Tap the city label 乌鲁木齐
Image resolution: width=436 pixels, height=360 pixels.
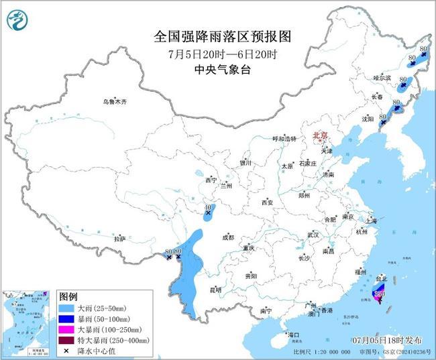(x=114, y=102)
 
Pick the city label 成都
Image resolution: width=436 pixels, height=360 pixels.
(x=228, y=237)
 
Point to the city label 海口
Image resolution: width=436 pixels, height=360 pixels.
(x=292, y=335)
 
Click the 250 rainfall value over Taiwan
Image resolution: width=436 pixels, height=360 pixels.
(x=379, y=293)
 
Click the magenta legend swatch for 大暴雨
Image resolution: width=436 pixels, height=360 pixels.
(x=67, y=329)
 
